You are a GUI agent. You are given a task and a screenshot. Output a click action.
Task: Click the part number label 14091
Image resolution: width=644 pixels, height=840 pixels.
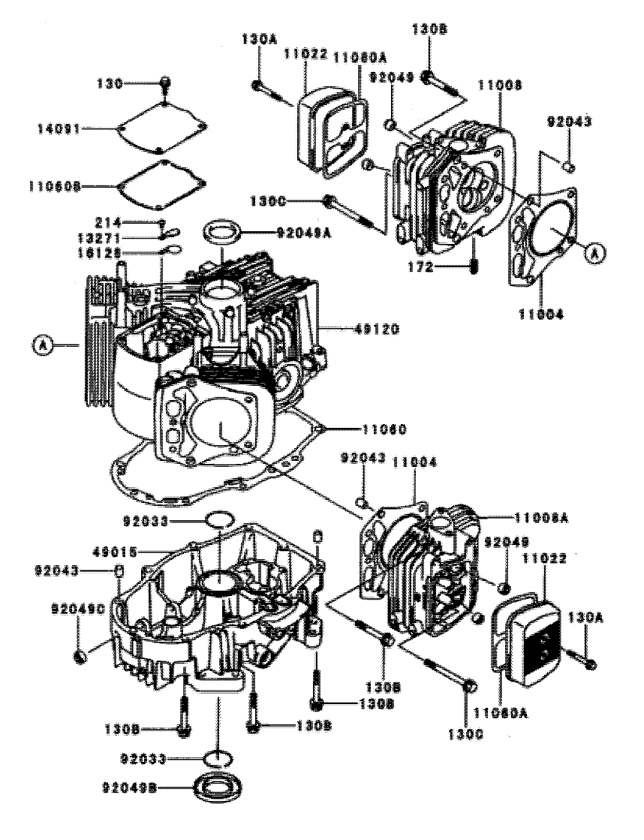(59, 129)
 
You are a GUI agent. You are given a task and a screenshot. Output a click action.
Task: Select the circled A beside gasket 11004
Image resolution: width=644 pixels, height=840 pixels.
(594, 254)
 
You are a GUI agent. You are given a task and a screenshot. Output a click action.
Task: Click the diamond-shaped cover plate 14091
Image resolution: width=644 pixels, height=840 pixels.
(161, 129)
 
